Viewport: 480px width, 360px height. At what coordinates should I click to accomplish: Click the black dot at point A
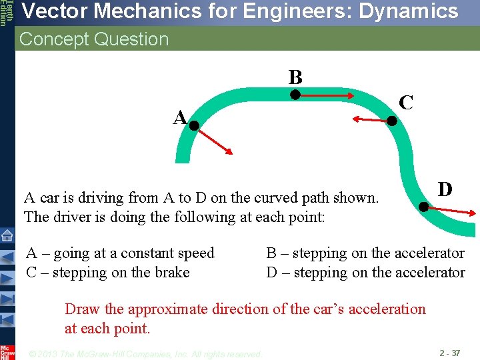[x=194, y=125]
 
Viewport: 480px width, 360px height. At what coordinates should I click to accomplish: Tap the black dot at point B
[x=294, y=95]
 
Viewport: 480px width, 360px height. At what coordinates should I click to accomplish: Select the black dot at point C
[x=392, y=121]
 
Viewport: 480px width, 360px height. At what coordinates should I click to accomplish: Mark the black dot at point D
[x=423, y=207]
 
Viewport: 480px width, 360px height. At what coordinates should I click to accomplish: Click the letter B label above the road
[x=295, y=77]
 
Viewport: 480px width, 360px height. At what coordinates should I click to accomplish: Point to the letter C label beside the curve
[x=405, y=103]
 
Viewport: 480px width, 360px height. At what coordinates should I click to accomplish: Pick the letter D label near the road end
[x=445, y=189]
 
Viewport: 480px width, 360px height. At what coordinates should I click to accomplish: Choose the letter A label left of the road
[x=179, y=118]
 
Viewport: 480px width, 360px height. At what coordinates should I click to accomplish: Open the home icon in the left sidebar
[x=7, y=235]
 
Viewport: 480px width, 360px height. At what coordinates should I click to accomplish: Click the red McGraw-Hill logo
[x=7, y=352]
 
